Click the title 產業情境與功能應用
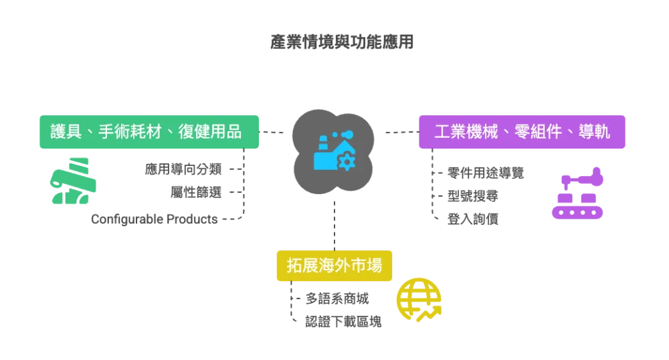click(x=342, y=41)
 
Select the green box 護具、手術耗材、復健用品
click(x=149, y=132)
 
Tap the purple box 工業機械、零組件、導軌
click(x=522, y=132)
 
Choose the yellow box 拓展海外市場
click(x=334, y=265)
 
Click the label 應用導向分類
click(x=183, y=169)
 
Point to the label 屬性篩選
click(x=196, y=192)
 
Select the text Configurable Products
click(x=155, y=219)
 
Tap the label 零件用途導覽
click(x=486, y=173)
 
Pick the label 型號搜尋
click(x=473, y=196)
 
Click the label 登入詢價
click(x=473, y=219)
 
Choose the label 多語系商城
click(x=337, y=298)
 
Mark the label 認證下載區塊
click(x=343, y=321)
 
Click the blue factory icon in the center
click(x=334, y=151)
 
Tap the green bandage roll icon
click(x=73, y=181)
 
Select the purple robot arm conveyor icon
click(x=577, y=193)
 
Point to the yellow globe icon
click(x=419, y=300)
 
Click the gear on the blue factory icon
click(x=347, y=162)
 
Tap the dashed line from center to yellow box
click(x=334, y=226)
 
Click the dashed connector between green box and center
click(x=272, y=132)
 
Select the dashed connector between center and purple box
click(x=402, y=132)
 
